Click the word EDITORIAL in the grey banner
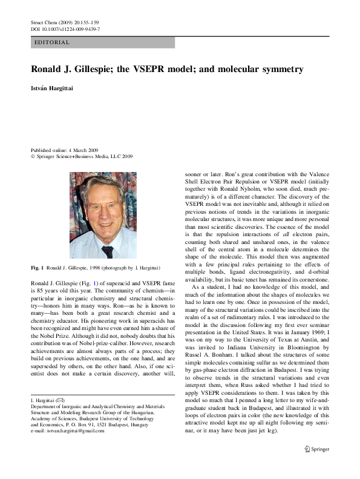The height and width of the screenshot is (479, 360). [53, 42]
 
